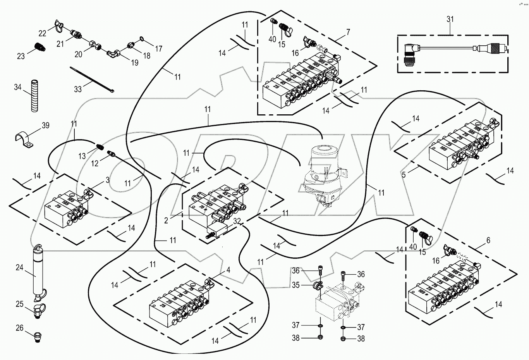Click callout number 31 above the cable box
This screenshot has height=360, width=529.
(x=450, y=19)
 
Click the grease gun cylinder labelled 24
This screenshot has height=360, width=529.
(x=38, y=273)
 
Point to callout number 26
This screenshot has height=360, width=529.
(x=19, y=328)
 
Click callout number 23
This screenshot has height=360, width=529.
(x=21, y=56)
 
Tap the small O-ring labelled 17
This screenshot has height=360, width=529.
(x=141, y=39)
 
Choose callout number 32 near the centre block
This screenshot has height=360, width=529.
(x=237, y=221)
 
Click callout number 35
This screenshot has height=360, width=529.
(x=296, y=285)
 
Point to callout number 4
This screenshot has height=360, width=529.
(x=228, y=270)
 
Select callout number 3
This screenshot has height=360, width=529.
(x=108, y=180)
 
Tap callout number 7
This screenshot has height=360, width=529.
(x=348, y=32)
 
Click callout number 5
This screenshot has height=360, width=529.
(x=404, y=175)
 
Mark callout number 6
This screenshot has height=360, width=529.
(x=488, y=240)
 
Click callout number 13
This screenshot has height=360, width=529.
(x=82, y=156)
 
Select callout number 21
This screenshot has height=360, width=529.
(x=60, y=44)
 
